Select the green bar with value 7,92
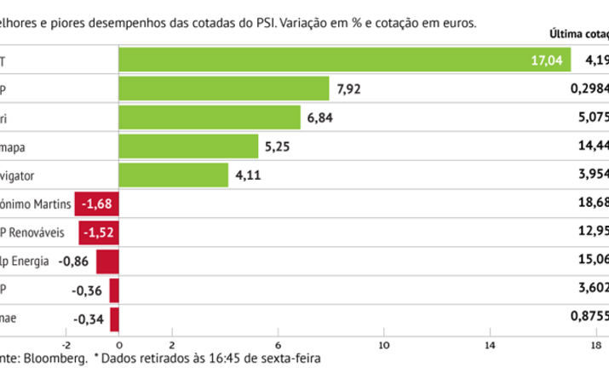[x=223, y=89]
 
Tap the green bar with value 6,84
[x=209, y=118]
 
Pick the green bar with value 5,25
[x=187, y=146]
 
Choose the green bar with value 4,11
[x=173, y=175]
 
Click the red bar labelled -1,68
[x=96, y=204]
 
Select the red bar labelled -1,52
[x=98, y=233]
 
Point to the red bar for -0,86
[x=106, y=262]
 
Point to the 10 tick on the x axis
[x=384, y=345]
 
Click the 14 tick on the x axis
[x=490, y=345]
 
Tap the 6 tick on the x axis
[x=278, y=345]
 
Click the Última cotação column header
[x=579, y=35]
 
